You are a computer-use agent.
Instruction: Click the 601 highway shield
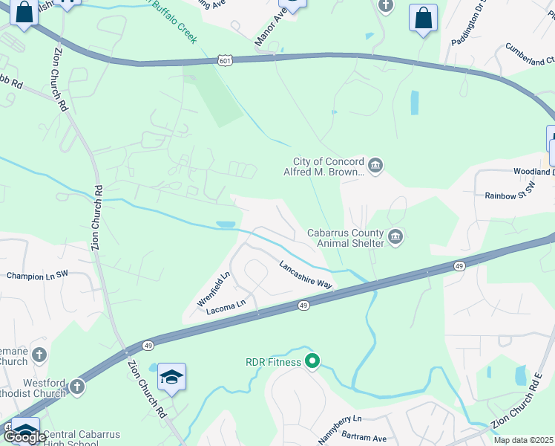tap(225, 59)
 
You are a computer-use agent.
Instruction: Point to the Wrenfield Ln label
tap(214, 289)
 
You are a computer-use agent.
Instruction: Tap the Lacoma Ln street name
tap(226, 305)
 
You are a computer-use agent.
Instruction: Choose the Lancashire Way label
tap(305, 274)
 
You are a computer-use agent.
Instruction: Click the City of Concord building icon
tap(375, 165)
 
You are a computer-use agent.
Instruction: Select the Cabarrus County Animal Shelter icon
tap(395, 237)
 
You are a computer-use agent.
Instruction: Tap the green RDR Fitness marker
tap(313, 362)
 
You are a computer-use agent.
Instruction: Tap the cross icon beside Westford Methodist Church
tap(77, 387)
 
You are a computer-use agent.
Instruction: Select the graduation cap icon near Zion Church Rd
tap(171, 377)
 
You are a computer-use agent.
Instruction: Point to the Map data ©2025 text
tap(523, 440)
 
